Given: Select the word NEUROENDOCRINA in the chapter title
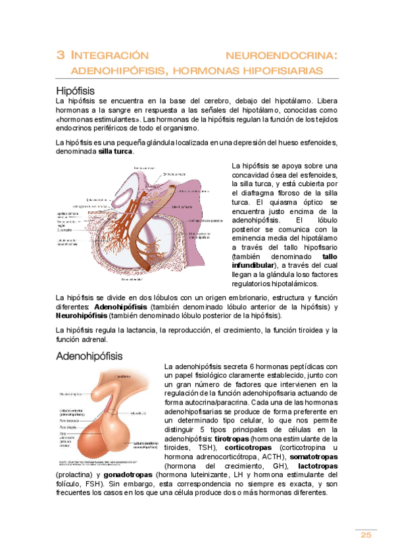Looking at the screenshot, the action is [x=282, y=55].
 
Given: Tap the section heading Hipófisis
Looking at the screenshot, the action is [x=76, y=89].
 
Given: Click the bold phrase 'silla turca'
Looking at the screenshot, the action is [x=116, y=152].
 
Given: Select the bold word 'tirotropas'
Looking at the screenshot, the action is [x=232, y=438].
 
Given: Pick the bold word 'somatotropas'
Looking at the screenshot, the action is [x=312, y=457].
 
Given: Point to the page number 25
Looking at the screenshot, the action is [x=366, y=534].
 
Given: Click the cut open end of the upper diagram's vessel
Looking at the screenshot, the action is [x=174, y=188].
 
